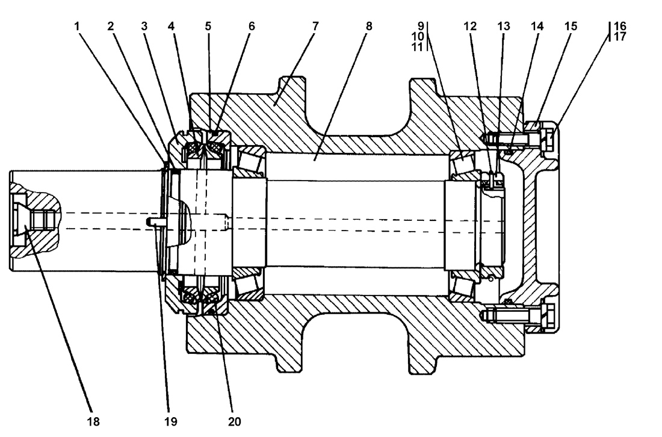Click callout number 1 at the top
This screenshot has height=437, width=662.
click(x=77, y=26)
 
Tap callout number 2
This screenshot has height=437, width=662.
click(x=111, y=26)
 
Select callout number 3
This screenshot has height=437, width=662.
click(x=144, y=26)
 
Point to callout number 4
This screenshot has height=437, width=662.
click(x=171, y=26)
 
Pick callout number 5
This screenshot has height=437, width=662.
click(x=208, y=26)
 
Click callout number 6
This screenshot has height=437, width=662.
click(x=252, y=26)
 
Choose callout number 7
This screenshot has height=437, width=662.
click(x=315, y=26)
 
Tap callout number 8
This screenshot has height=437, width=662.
click(x=369, y=26)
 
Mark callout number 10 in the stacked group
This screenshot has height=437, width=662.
click(x=418, y=36)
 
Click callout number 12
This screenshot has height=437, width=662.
click(x=471, y=26)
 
